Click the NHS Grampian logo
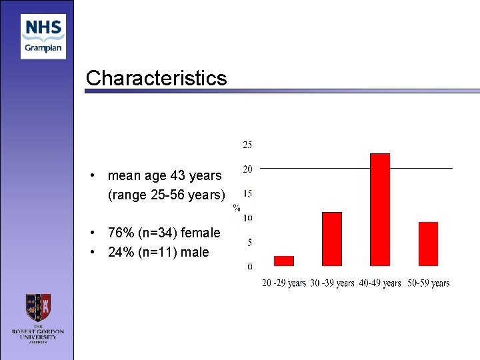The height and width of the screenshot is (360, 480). click(x=43, y=37)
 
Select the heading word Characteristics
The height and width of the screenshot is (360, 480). click(x=156, y=79)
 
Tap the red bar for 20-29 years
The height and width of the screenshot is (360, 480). click(x=284, y=261)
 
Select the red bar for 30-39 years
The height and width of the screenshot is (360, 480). click(x=331, y=239)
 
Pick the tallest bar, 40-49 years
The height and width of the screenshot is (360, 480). click(x=379, y=209)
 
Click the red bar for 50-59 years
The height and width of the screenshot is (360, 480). click(x=428, y=243)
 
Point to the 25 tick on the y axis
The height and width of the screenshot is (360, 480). click(x=247, y=145)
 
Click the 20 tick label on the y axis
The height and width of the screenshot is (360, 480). click(x=247, y=169)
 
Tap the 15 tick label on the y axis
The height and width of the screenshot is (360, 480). click(x=247, y=194)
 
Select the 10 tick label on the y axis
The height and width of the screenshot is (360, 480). click(x=247, y=218)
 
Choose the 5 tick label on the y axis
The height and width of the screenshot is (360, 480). click(x=249, y=243)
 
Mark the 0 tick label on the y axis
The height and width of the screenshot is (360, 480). click(x=249, y=267)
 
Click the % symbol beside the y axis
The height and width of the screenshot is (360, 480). click(x=236, y=207)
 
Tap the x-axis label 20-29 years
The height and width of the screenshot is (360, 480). click(x=284, y=283)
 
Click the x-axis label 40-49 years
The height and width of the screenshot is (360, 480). click(x=379, y=283)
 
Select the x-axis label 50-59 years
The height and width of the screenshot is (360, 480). click(x=428, y=283)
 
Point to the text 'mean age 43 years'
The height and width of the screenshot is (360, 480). click(x=164, y=175)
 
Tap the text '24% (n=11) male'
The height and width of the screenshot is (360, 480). click(x=158, y=252)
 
